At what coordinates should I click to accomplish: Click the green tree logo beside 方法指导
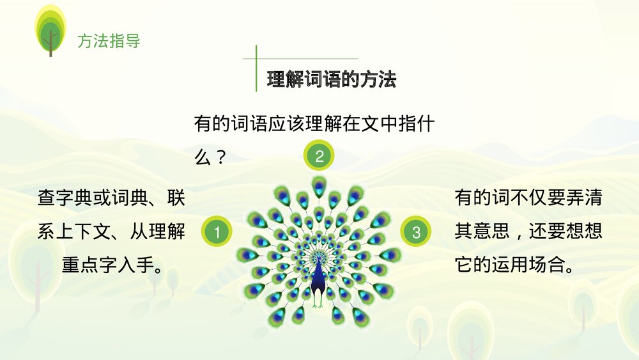(50, 29)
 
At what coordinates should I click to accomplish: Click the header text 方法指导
(109, 42)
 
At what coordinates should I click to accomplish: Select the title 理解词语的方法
(332, 80)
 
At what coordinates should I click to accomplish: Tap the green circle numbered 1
(217, 232)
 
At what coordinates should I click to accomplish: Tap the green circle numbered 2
(319, 155)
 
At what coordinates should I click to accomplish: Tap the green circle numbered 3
(417, 232)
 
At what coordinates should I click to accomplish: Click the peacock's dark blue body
(318, 274)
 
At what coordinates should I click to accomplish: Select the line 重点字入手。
(112, 264)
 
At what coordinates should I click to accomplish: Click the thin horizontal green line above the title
(300, 59)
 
